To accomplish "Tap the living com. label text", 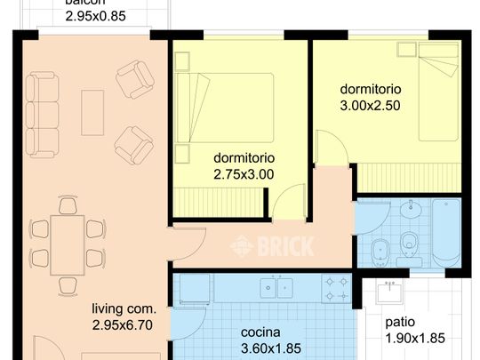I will (x=124, y=309).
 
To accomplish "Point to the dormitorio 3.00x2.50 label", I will (x=371, y=97).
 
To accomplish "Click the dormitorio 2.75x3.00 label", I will (x=244, y=166).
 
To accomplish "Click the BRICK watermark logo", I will (x=271, y=247).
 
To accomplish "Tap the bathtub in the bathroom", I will (x=444, y=234).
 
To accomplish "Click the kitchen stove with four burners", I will (x=335, y=287).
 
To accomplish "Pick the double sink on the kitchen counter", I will (x=276, y=287).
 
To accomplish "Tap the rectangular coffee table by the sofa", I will (x=92, y=113).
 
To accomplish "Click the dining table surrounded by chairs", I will (x=68, y=243).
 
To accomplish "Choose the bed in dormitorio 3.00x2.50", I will (x=439, y=98).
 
